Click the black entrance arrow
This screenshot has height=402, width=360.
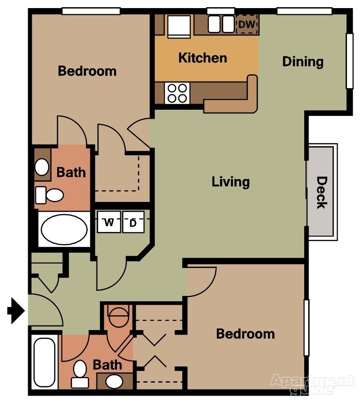[x=17, y=311]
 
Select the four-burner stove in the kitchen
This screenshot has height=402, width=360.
[x=176, y=94]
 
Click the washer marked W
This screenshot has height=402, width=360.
[x=109, y=222]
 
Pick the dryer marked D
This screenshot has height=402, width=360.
[x=133, y=222]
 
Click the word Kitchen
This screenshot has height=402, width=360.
[x=202, y=58]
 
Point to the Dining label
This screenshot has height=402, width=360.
[x=303, y=61]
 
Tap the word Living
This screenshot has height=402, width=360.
[x=230, y=182]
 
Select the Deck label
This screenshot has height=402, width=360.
[x=321, y=192]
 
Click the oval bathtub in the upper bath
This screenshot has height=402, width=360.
[x=64, y=229]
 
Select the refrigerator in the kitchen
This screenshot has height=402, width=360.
[x=179, y=26]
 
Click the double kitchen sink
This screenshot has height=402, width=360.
[x=221, y=25]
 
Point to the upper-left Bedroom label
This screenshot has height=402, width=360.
[x=87, y=71]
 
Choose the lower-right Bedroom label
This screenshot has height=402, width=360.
[x=245, y=334]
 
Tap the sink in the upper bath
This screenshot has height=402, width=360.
[x=42, y=167]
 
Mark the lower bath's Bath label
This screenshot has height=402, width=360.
[x=108, y=365]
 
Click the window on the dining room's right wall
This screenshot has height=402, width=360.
[x=349, y=61]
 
